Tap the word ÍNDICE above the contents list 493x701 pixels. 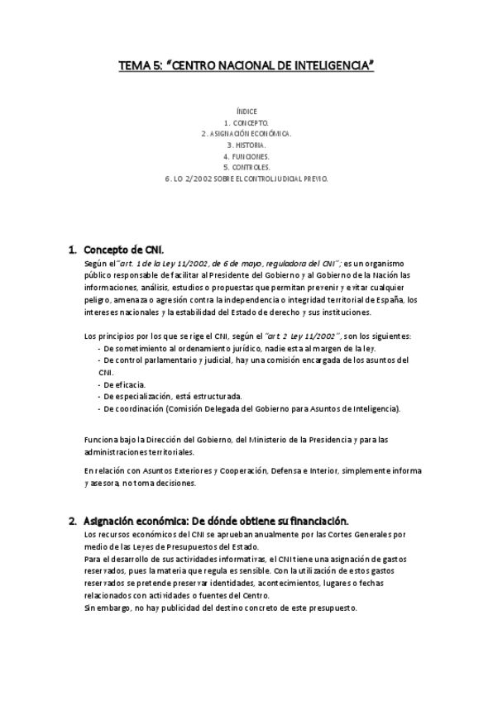pos(247,110)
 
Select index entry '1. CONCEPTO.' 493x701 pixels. pos(247,122)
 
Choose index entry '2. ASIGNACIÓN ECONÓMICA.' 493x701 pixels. pos(247,132)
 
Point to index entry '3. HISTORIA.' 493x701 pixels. pos(247,144)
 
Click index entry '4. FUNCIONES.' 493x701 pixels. pos(247,155)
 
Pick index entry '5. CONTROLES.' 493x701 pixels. pos(247,166)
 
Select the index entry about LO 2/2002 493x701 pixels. pos(247,178)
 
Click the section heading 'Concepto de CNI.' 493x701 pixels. pos(123,249)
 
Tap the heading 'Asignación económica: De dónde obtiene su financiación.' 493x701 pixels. pos(217,521)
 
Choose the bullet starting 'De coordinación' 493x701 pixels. pos(248,408)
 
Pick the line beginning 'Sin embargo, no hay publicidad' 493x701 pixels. pos(220,608)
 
